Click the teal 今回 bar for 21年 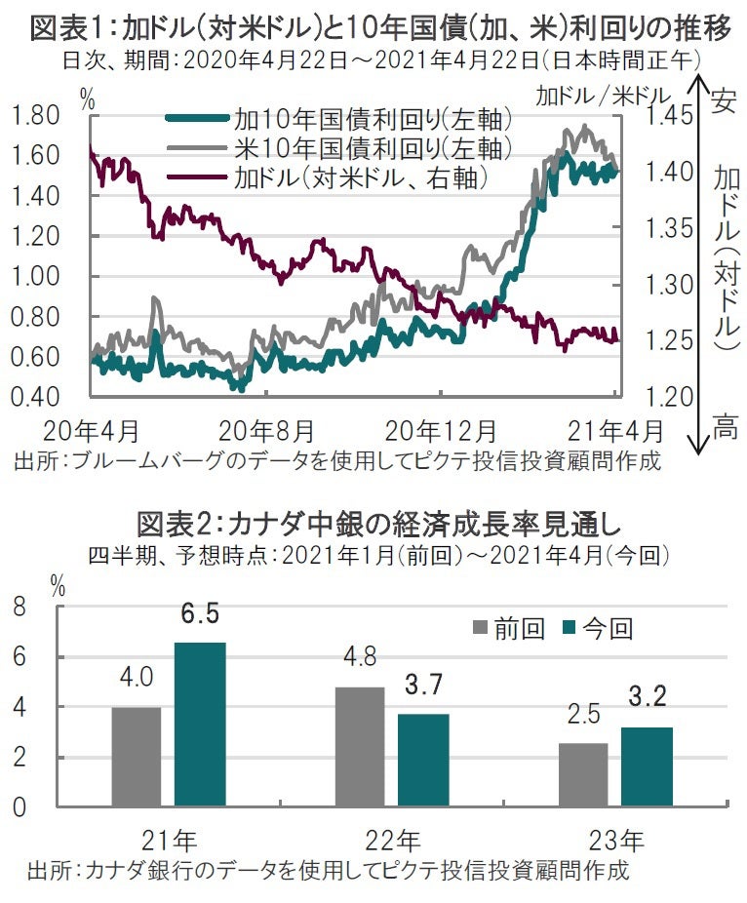click(x=200, y=725)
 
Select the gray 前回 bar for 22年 click(x=360, y=747)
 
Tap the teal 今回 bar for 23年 click(x=647, y=766)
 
